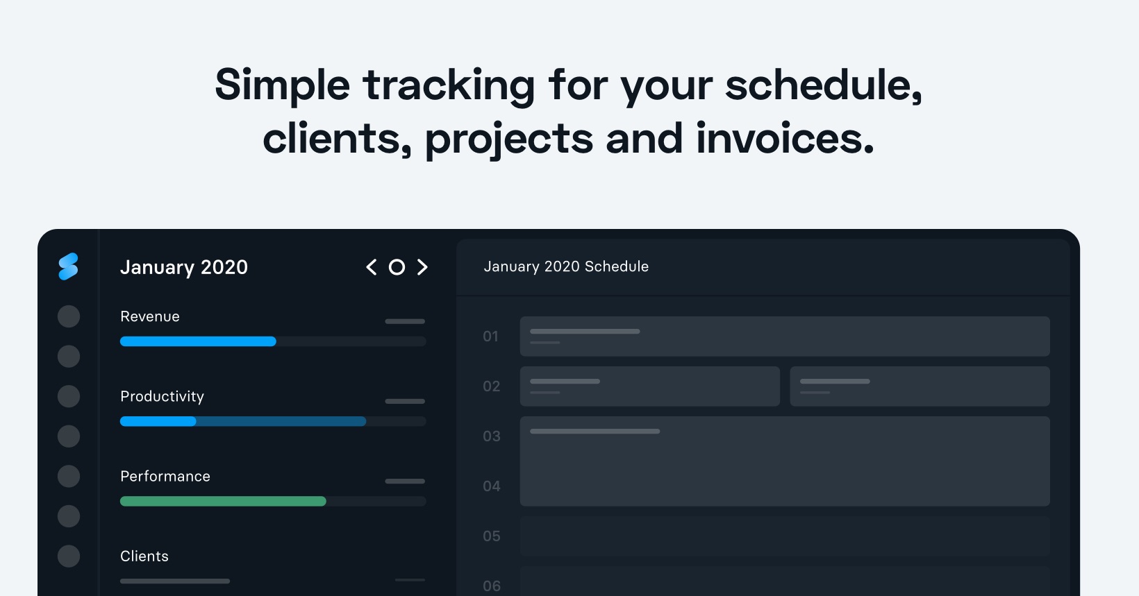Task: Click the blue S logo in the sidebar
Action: [x=68, y=266]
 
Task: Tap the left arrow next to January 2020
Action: [x=371, y=266]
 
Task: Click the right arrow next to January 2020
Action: [x=422, y=266]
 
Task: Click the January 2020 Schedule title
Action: [x=566, y=266]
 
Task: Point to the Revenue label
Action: [x=150, y=316]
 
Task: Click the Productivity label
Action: [x=163, y=396]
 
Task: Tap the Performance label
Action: [x=165, y=476]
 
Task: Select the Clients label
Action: [x=144, y=556]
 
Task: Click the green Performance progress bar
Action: [x=223, y=501]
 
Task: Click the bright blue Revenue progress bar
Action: [x=199, y=341]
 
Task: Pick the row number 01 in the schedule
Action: [x=491, y=337]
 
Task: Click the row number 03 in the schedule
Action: [x=492, y=436]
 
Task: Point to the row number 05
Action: [x=492, y=536]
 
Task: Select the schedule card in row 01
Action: [x=785, y=337]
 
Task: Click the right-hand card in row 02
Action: [x=920, y=386]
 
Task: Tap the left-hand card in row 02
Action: [x=650, y=386]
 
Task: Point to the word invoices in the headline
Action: [x=785, y=137]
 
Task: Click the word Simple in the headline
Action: [x=282, y=86]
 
